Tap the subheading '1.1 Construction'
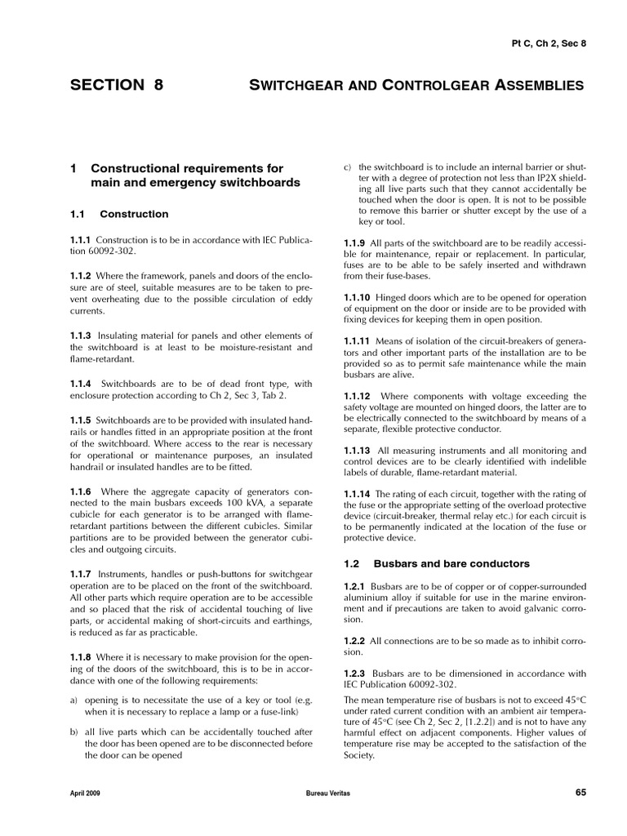pos(119,214)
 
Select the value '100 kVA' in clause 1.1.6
pos(236,504)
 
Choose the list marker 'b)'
pos(74,732)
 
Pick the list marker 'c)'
pos(347,167)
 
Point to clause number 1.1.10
pos(357,297)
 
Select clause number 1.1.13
pos(357,450)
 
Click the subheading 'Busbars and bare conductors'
pos(451,563)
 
